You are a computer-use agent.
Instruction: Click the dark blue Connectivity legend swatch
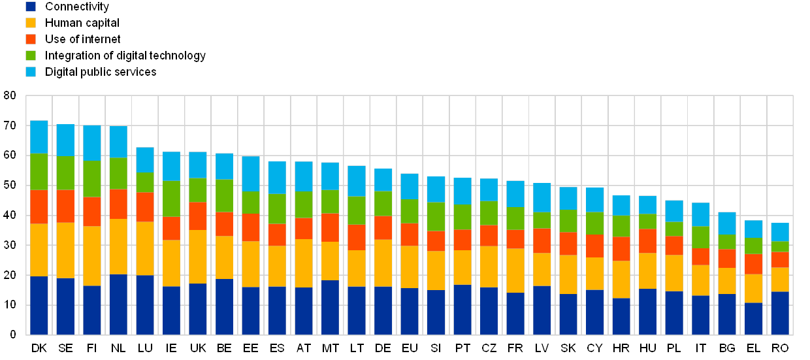31,7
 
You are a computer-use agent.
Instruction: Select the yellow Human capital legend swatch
31,23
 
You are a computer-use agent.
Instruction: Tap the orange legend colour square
31,39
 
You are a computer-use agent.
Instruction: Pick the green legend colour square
31,56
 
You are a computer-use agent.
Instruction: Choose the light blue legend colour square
31,72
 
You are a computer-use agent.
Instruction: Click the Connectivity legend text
77,7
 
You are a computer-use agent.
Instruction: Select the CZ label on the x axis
489,348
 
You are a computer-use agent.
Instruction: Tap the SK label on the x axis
568,348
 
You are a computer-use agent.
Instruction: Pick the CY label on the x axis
594,348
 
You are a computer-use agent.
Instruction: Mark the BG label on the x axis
727,348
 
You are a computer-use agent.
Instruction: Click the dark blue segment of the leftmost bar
39,305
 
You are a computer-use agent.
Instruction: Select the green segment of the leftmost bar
39,172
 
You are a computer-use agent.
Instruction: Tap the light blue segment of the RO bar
780,232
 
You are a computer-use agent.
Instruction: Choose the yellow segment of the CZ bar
489,267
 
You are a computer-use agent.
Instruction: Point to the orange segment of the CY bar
594,246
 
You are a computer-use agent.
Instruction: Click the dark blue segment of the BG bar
727,314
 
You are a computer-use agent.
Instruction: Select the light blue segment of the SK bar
568,199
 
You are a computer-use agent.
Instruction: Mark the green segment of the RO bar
780,246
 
